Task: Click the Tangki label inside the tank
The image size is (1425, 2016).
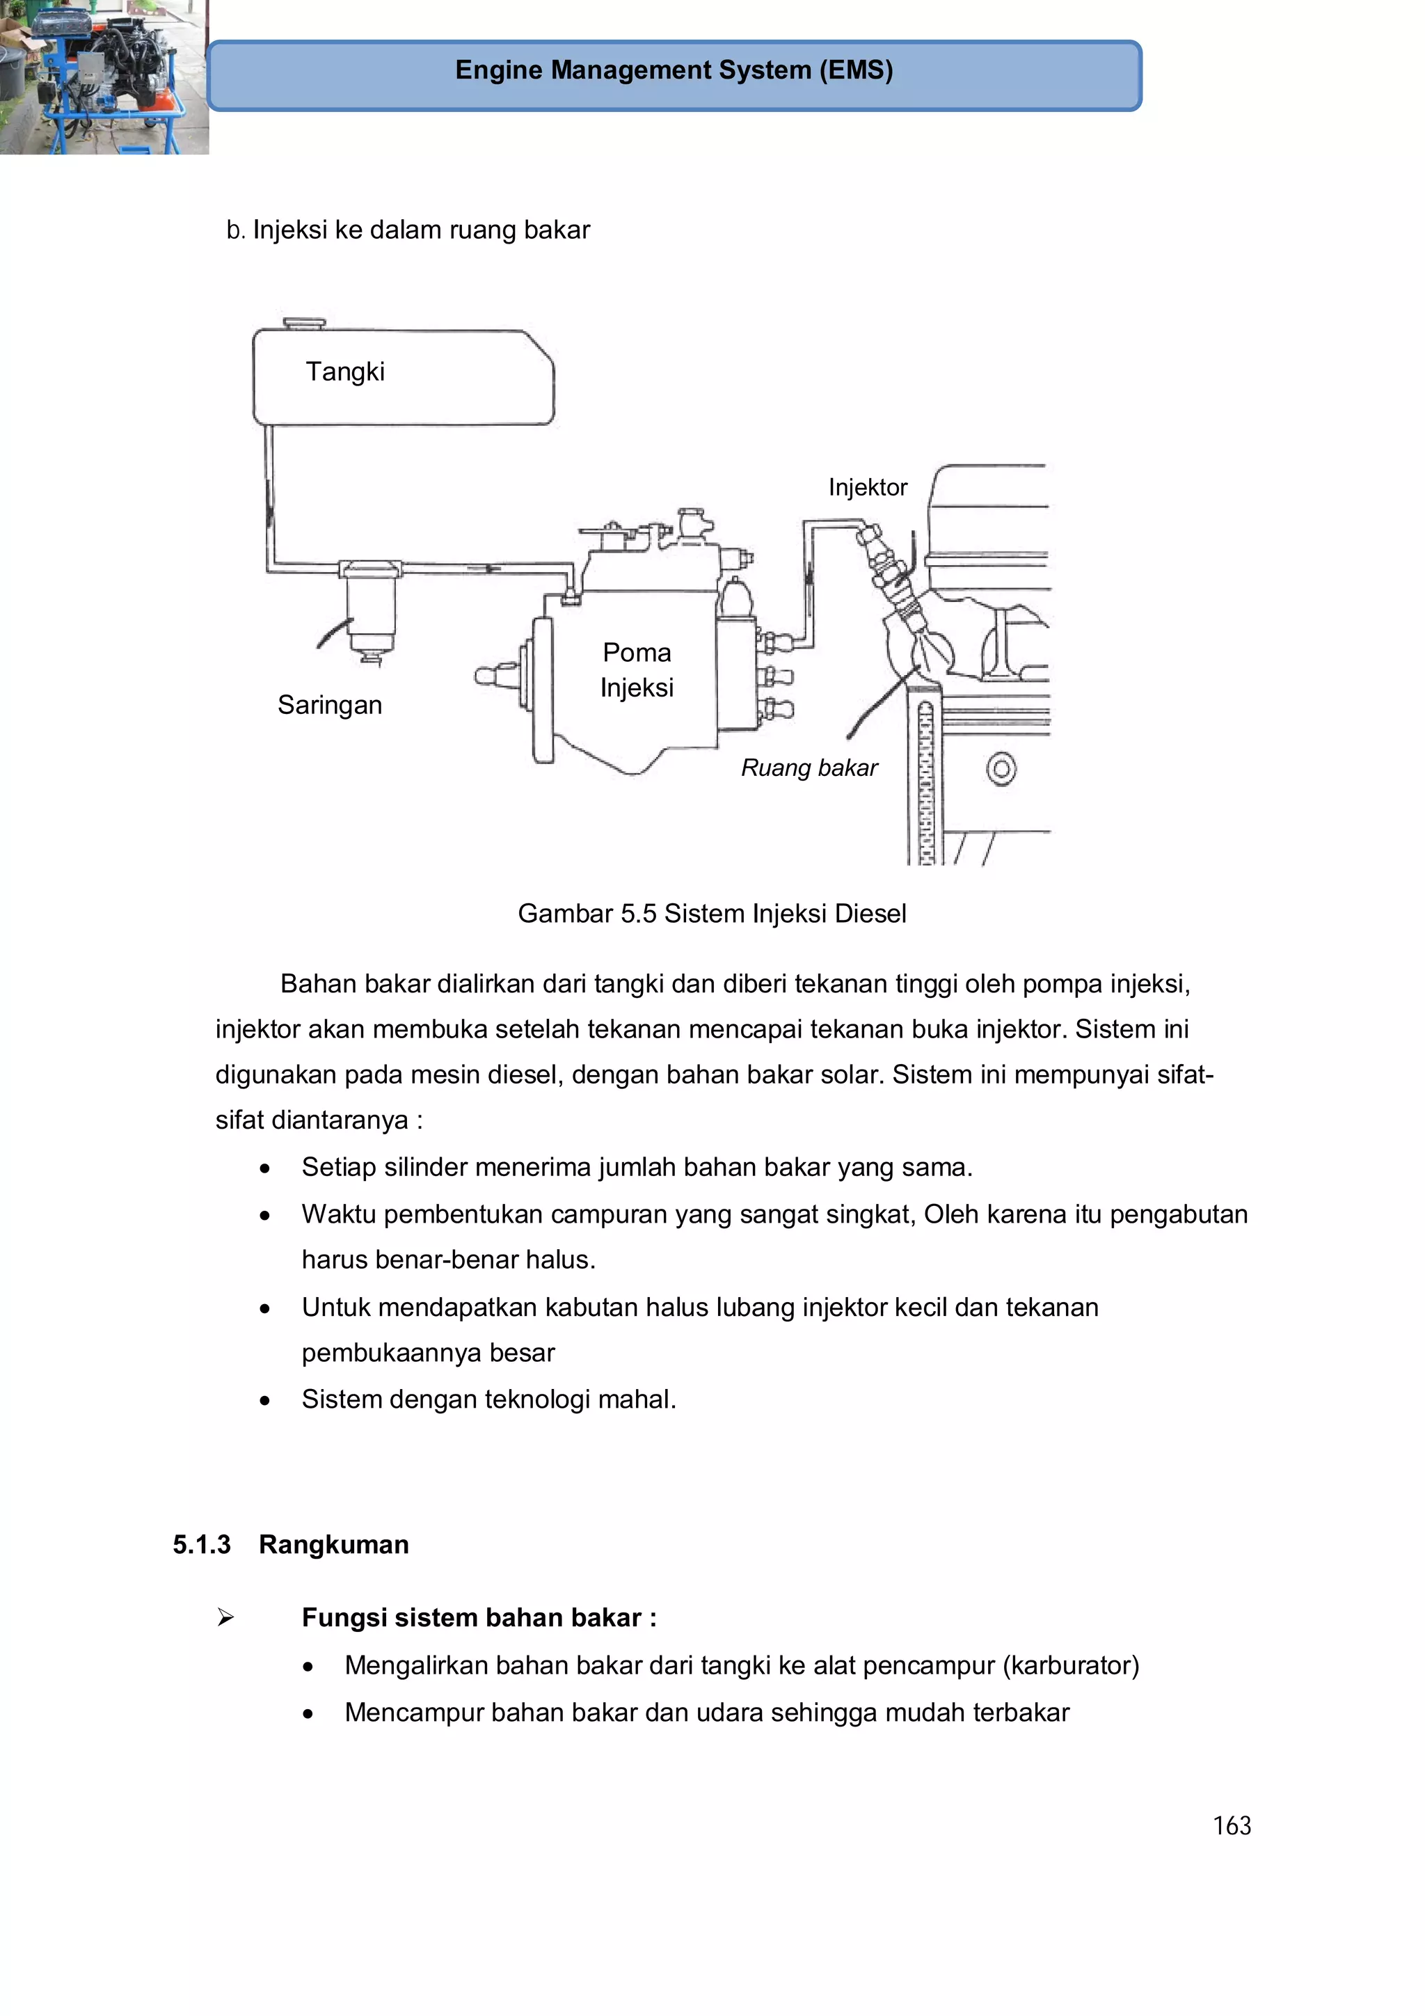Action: pyautogui.click(x=345, y=372)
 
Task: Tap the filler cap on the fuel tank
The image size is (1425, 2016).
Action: pyautogui.click(x=304, y=323)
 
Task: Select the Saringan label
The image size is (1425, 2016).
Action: pyautogui.click(x=329, y=705)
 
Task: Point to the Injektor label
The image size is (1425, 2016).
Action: pyautogui.click(x=868, y=487)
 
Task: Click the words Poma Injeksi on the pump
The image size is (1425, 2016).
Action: pyautogui.click(x=637, y=670)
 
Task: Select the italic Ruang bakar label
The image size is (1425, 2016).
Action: pyautogui.click(x=809, y=768)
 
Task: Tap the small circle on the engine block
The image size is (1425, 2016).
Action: pyautogui.click(x=1001, y=769)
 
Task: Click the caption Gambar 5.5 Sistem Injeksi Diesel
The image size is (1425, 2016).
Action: pyautogui.click(x=711, y=914)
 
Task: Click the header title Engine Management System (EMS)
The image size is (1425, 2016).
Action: pyautogui.click(x=674, y=70)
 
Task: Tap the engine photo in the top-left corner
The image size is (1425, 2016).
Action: pyautogui.click(x=103, y=77)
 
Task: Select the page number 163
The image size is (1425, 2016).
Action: pyautogui.click(x=1231, y=1826)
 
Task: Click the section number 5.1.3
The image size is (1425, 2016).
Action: pyautogui.click(x=201, y=1544)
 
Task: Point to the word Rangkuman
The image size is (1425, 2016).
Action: pyautogui.click(x=334, y=1544)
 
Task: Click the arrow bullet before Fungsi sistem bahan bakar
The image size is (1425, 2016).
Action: pyautogui.click(x=225, y=1617)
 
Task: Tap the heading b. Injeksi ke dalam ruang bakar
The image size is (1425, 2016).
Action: pyautogui.click(x=408, y=230)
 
